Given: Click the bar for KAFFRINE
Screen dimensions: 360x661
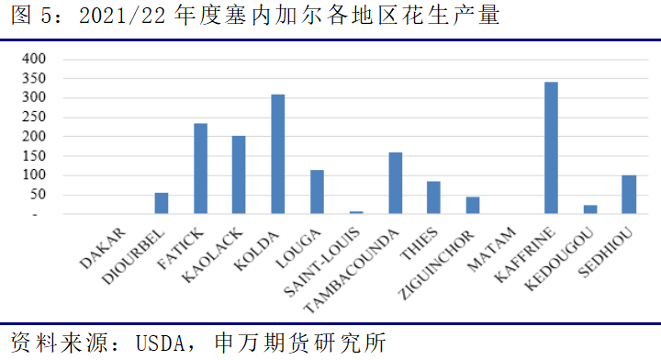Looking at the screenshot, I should [x=551, y=148].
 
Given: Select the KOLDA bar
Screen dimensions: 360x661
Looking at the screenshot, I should [x=277, y=154].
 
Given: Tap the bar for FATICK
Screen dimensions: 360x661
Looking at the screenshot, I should [x=199, y=169].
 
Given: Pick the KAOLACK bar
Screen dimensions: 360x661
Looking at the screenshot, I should [x=239, y=175].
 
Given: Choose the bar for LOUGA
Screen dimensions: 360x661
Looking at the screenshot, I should [x=317, y=192].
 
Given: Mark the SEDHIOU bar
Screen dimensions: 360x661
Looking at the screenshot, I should [x=629, y=195].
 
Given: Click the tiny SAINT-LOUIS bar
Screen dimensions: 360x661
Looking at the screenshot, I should [x=356, y=212].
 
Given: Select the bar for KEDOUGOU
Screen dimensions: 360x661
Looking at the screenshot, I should [x=589, y=209].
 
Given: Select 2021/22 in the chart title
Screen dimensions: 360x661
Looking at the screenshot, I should [x=119, y=17].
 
